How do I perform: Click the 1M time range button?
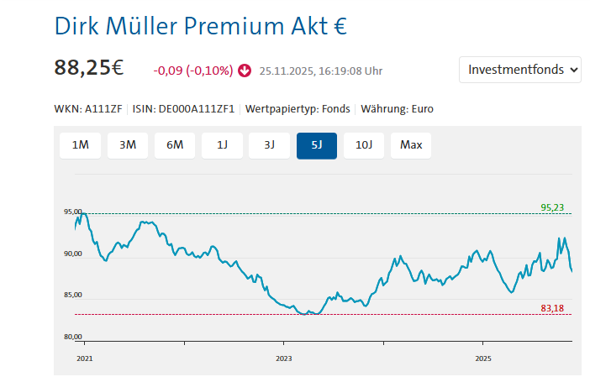click(x=81, y=144)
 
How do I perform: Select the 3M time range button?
click(x=128, y=144)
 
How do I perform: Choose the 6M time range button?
click(x=175, y=144)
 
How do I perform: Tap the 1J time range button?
click(x=223, y=144)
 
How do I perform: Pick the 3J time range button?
click(x=270, y=144)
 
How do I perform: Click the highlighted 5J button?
click(x=317, y=144)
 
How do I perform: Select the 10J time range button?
click(x=364, y=144)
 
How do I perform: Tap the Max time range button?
click(x=411, y=144)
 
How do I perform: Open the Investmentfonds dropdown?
click(x=520, y=70)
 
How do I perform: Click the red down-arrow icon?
click(x=245, y=71)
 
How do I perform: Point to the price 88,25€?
click(x=89, y=68)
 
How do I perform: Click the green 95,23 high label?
click(x=552, y=207)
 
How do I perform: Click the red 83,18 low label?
click(x=552, y=308)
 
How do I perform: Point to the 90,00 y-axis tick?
click(x=73, y=254)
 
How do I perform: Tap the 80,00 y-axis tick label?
click(x=73, y=338)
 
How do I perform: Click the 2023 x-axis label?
click(x=283, y=358)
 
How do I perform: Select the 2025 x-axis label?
click(x=482, y=358)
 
